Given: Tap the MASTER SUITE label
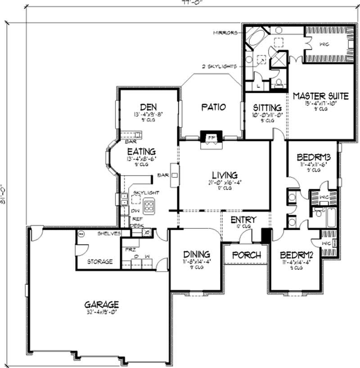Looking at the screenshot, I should [x=320, y=95].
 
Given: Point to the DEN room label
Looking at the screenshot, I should [x=148, y=107].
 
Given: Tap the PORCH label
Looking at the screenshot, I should [x=246, y=255].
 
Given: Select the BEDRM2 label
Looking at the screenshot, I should [x=296, y=253].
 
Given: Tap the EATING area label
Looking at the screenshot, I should [x=141, y=151].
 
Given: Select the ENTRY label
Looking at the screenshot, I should [x=243, y=220].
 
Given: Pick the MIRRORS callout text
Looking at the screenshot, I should [x=225, y=32].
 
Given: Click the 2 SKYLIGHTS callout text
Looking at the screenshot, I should [x=219, y=66].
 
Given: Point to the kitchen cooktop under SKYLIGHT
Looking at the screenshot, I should [x=149, y=207].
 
